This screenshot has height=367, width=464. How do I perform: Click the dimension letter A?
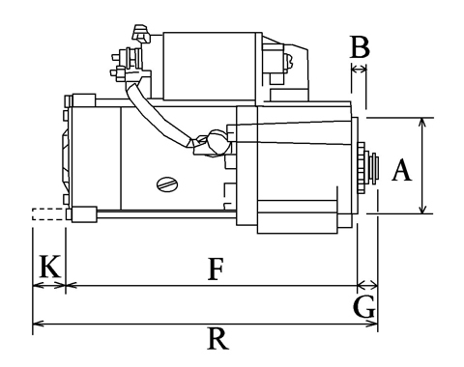coord(402,169)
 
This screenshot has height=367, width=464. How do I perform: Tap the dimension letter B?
coord(360,47)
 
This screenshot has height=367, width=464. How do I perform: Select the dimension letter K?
coord(50,266)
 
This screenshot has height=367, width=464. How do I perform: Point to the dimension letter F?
coord(216,268)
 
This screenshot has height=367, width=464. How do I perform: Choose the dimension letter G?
coord(364,307)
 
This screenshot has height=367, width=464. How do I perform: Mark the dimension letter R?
coord(217,338)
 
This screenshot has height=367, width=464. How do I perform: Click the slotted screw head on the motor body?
coord(168,184)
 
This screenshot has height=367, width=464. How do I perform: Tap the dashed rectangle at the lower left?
coord(49,214)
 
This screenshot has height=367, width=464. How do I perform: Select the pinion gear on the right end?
coord(362,168)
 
